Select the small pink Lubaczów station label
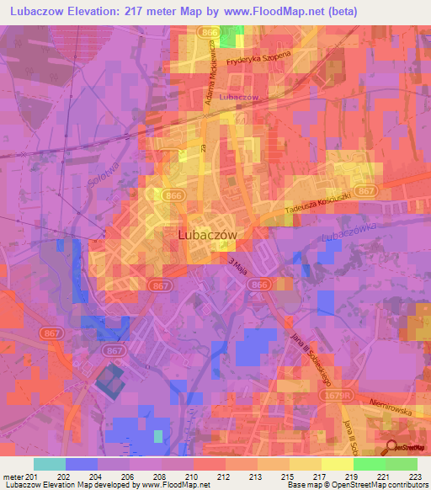[237, 97]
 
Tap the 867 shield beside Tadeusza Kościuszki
[366, 192]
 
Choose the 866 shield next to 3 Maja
[258, 285]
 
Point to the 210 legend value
[193, 477]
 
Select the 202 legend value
[65, 477]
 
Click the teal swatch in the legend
[49, 464]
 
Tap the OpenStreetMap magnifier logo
[392, 449]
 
